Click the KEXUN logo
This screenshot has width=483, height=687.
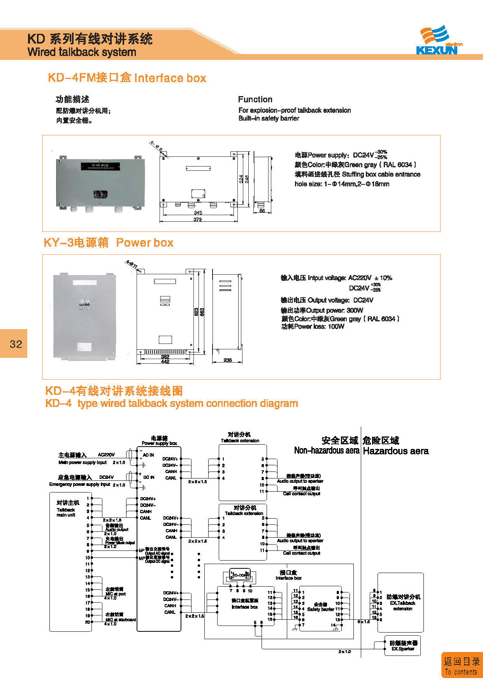pyautogui.click(x=439, y=41)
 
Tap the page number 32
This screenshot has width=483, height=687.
pyautogui.click(x=16, y=344)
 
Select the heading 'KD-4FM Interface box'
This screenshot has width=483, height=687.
pyautogui.click(x=127, y=78)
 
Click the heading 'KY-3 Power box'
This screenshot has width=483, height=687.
pyautogui.click(x=108, y=243)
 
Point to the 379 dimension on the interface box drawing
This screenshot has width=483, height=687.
pyautogui.click(x=198, y=220)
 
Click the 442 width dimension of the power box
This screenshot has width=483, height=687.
pyautogui.click(x=165, y=361)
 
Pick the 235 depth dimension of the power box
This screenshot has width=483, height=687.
pyautogui.click(x=228, y=360)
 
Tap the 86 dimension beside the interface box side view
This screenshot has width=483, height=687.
pyautogui.click(x=262, y=211)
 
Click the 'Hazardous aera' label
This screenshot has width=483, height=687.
pyautogui.click(x=395, y=451)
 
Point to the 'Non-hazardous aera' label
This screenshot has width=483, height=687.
pyautogui.click(x=327, y=450)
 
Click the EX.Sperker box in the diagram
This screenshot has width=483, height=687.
pyautogui.click(x=402, y=646)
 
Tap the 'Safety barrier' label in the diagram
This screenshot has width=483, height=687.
pyautogui.click(x=320, y=609)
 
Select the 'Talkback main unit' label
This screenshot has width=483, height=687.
pyautogui.click(x=66, y=512)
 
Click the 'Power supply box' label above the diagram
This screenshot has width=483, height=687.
pyautogui.click(x=159, y=443)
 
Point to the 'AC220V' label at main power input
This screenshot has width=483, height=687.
pyautogui.click(x=106, y=454)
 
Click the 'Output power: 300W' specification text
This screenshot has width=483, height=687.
pyautogui.click(x=322, y=310)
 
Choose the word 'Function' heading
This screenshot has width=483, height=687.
pyautogui.click(x=255, y=99)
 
